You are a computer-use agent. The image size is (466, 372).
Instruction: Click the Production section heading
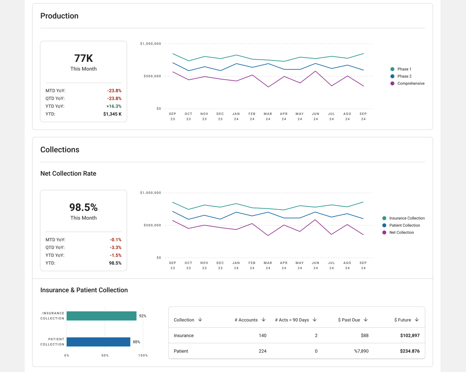tap(59, 16)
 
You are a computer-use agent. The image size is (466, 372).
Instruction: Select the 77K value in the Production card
tap(84, 58)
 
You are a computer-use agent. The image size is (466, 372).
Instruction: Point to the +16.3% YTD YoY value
tap(114, 106)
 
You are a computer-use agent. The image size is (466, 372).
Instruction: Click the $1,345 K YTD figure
tap(112, 114)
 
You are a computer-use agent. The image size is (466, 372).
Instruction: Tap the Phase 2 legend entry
tap(401, 76)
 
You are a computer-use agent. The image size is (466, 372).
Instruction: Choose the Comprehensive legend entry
tap(407, 83)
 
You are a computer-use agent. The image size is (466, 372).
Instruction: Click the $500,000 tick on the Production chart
tap(152, 76)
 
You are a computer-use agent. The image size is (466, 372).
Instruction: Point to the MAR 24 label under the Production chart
tap(268, 116)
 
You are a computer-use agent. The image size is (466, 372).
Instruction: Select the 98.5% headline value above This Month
tap(84, 207)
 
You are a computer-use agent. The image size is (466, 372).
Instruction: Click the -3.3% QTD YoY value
tap(116, 247)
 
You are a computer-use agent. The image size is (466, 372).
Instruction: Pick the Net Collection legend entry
tap(398, 232)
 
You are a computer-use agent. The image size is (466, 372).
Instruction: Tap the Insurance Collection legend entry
tap(403, 218)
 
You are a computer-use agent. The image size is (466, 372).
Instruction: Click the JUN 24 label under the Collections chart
tap(315, 265)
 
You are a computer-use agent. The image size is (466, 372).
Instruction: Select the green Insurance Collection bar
tap(101, 316)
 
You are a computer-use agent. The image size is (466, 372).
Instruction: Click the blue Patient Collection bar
tap(98, 342)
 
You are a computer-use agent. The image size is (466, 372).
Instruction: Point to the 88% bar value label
tap(136, 342)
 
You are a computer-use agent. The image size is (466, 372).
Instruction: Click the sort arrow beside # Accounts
tap(264, 319)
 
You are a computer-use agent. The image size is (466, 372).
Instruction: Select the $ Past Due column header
tap(349, 320)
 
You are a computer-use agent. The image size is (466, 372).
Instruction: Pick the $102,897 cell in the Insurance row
tap(410, 335)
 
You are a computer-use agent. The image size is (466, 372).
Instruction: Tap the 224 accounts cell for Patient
tap(262, 351)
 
